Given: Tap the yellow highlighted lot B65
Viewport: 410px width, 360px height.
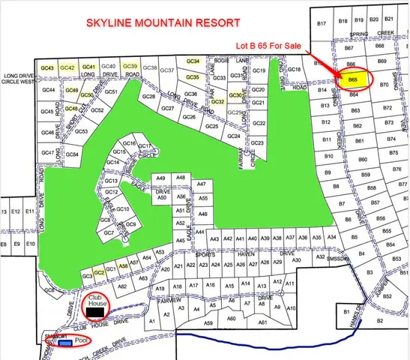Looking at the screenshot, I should tap(352, 79).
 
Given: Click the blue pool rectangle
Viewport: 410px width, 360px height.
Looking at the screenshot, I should tap(67, 343).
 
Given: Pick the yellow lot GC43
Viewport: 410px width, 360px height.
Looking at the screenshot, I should tap(48, 67).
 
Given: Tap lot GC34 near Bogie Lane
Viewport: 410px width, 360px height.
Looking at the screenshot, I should tap(193, 61).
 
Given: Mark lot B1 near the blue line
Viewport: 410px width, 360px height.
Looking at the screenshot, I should tap(346, 310).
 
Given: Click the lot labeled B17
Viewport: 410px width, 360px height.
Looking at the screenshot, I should tap(322, 24).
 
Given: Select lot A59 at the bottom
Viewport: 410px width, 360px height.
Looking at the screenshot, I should tap(208, 321).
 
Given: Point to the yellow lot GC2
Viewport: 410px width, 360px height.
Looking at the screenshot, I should tap(98, 274).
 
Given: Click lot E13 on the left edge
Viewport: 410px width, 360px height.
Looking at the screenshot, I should tap(7, 212).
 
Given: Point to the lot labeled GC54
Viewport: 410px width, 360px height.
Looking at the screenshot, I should tap(73, 154).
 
